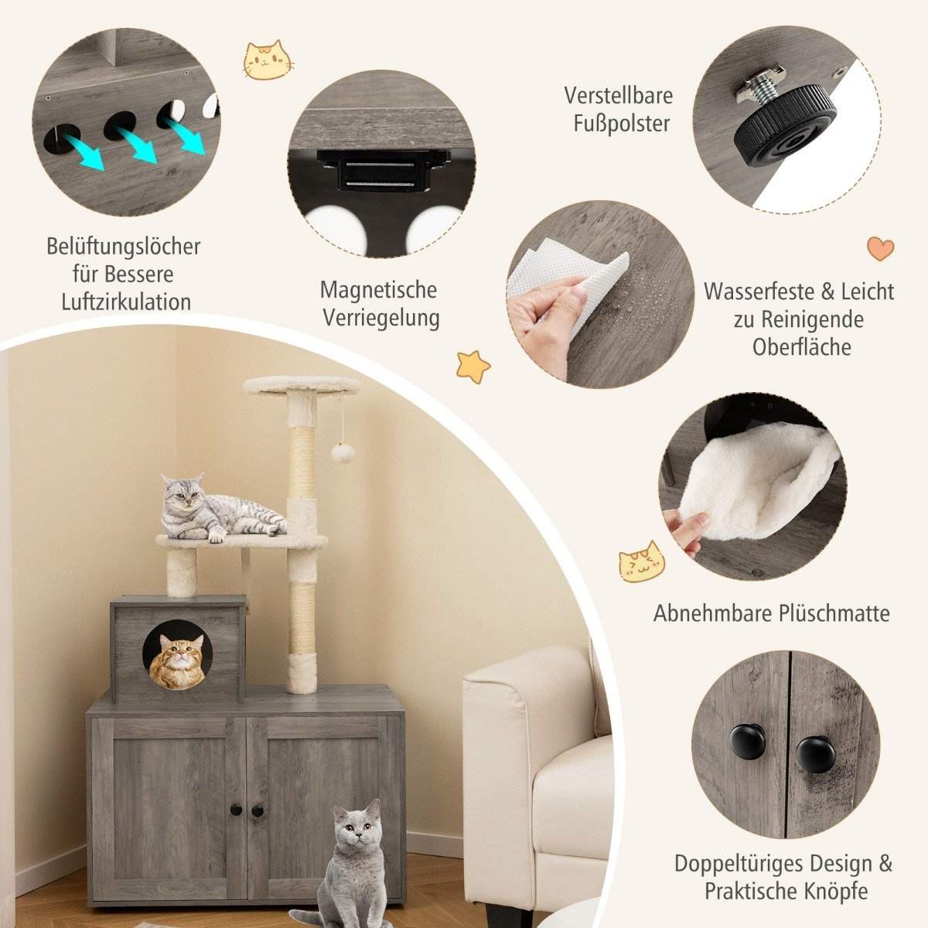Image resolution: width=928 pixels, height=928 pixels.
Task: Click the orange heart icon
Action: click(880, 248)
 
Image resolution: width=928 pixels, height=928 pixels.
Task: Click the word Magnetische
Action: click(378, 290)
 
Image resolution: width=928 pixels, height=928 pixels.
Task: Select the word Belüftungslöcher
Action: click(124, 247)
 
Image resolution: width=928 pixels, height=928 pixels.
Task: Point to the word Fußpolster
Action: click(616, 123)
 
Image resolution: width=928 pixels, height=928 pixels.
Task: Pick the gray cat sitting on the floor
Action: click(352, 858)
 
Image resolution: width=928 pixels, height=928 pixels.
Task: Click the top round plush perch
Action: click(302, 384)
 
